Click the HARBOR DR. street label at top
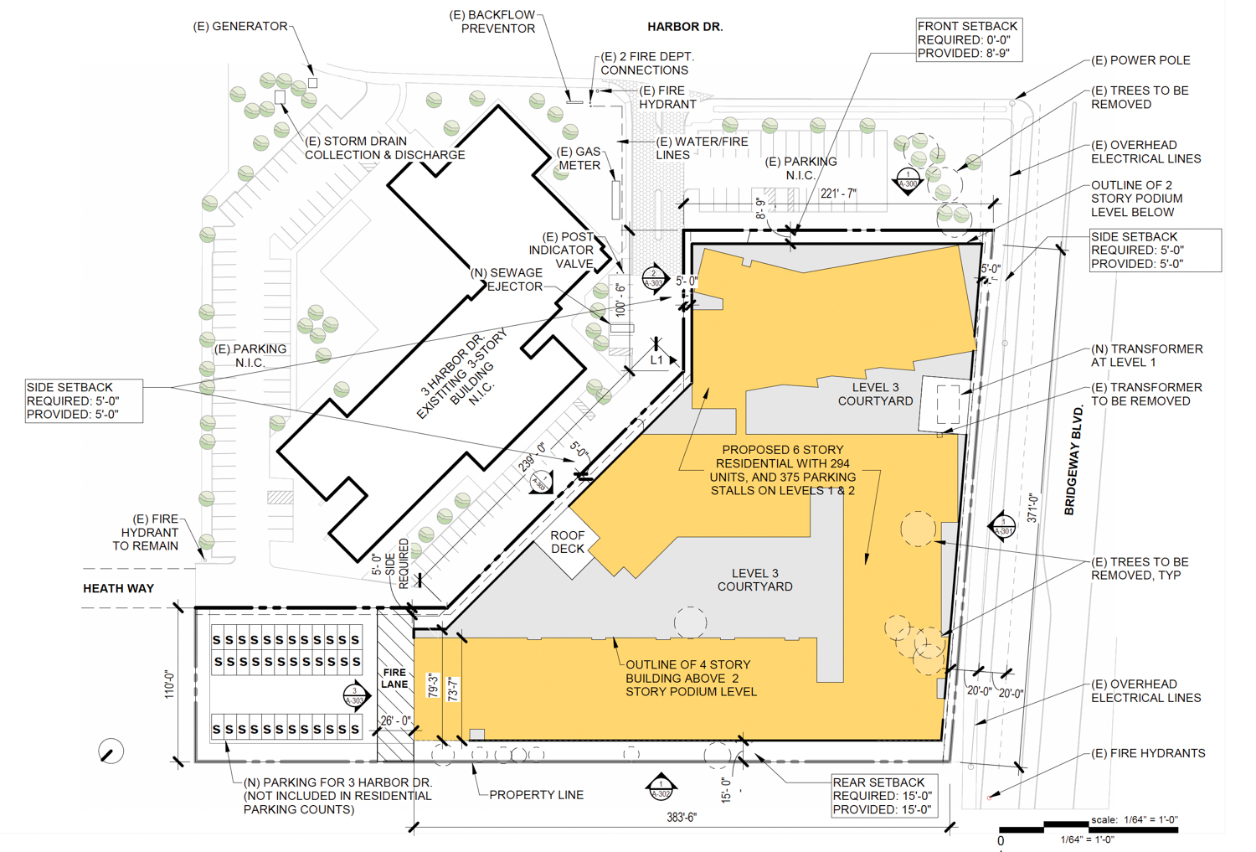pos(684,27)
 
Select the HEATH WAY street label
pos(118,588)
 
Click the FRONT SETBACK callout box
pos(968,39)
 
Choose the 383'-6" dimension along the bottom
pos(681,817)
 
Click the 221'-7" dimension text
pos(838,194)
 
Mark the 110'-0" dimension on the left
pos(169,684)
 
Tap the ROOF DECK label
pos(568,542)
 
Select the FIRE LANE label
pos(394,678)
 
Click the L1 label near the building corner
pos(657,360)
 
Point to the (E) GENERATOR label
pos(240,26)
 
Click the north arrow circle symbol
pos(111,751)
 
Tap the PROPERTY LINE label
pos(536,794)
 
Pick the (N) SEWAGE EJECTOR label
pos(507,279)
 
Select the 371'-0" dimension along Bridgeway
pos(1032,509)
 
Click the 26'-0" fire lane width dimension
pos(395,720)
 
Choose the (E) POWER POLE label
pos(1140,60)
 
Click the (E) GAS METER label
pos(579,158)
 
